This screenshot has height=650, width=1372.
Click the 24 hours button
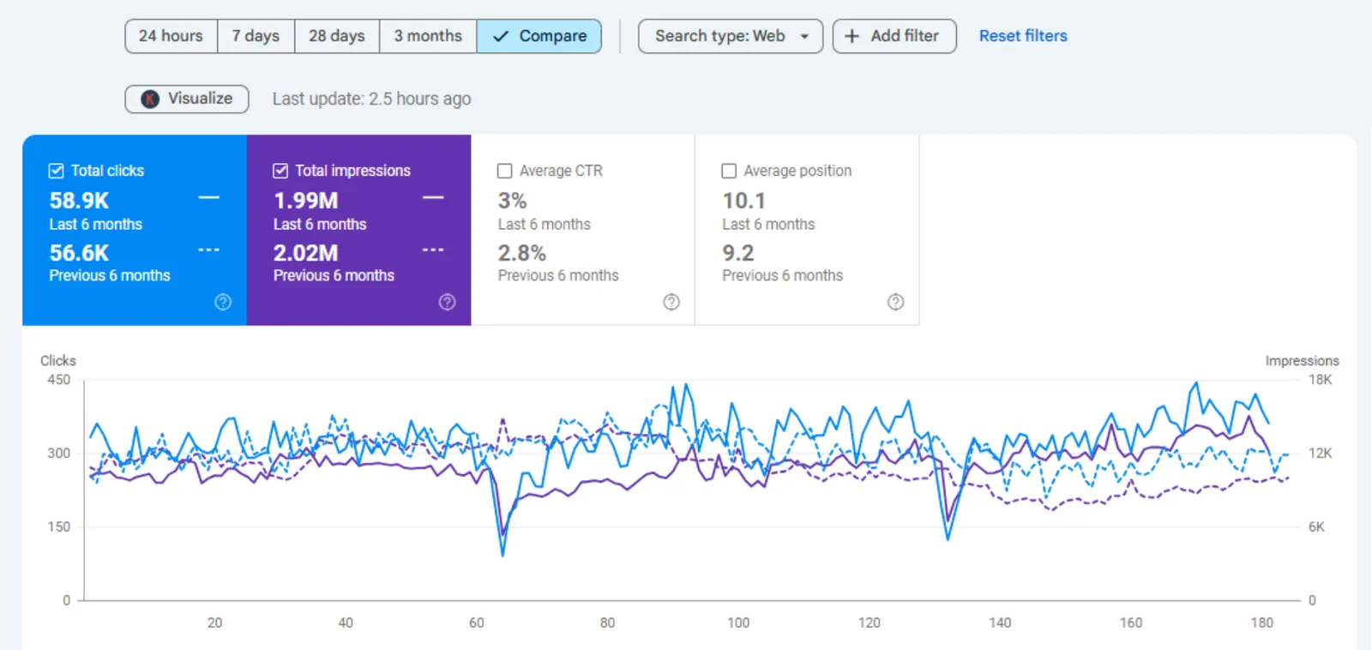tap(171, 36)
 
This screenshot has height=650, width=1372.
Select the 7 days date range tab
tap(256, 36)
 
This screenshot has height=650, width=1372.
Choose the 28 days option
tap(337, 36)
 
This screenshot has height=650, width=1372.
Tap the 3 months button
tap(428, 36)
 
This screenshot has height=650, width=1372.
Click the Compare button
tap(539, 36)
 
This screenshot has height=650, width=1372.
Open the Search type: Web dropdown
tap(730, 36)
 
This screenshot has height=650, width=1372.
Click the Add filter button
tap(894, 36)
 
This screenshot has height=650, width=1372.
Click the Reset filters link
tap(1023, 36)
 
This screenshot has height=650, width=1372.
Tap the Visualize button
tap(187, 99)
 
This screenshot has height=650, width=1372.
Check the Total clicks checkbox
tap(56, 171)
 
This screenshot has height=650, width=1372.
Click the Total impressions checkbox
tap(280, 171)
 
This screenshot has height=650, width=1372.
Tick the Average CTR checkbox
tap(504, 171)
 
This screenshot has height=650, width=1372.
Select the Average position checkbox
tap(728, 171)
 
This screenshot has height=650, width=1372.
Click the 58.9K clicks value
tap(79, 201)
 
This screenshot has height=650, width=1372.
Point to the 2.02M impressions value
tap(305, 253)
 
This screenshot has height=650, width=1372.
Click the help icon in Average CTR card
tap(671, 302)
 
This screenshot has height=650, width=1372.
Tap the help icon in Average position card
tap(895, 302)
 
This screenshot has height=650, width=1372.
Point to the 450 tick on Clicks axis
tap(59, 380)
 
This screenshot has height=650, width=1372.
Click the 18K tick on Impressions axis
tap(1320, 380)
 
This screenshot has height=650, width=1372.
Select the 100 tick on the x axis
tap(738, 623)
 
